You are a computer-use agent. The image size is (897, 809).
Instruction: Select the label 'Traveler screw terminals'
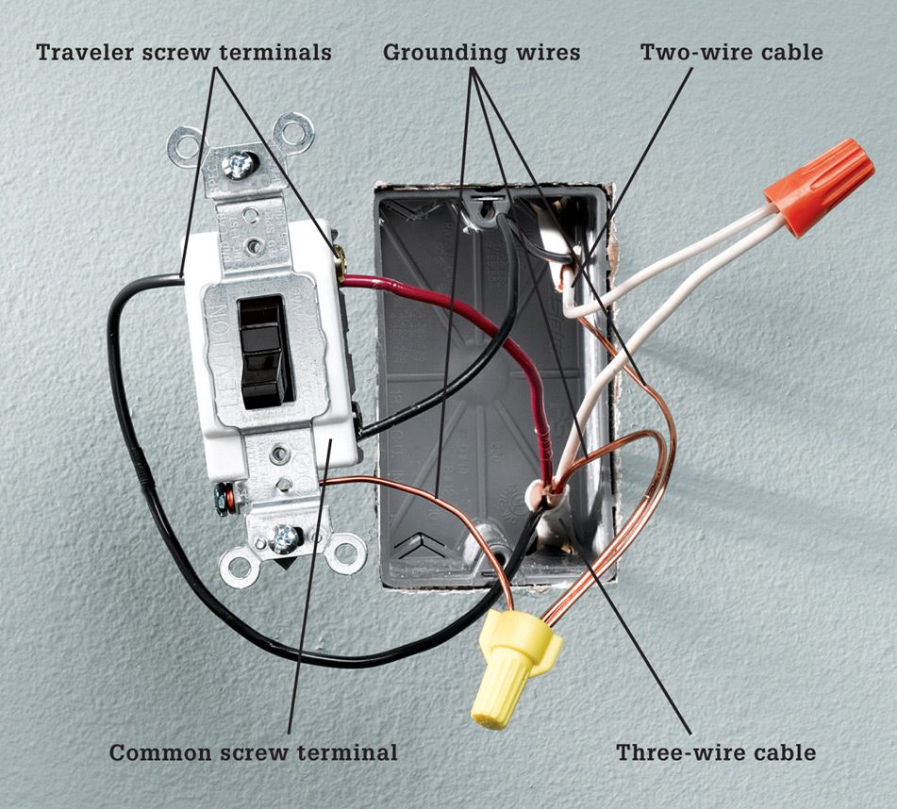pyautogui.click(x=184, y=52)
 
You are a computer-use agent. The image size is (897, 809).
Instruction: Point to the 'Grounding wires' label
pyautogui.click(x=482, y=52)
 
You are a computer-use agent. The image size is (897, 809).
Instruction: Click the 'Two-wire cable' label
pyautogui.click(x=732, y=52)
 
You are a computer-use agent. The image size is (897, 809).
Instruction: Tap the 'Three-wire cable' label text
pyautogui.click(x=716, y=751)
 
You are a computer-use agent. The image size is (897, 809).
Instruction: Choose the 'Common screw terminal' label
pyautogui.click(x=253, y=751)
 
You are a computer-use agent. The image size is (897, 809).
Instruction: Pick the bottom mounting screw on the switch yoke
pyautogui.click(x=285, y=538)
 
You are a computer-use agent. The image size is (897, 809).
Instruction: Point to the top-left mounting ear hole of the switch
pyautogui.click(x=184, y=147)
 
